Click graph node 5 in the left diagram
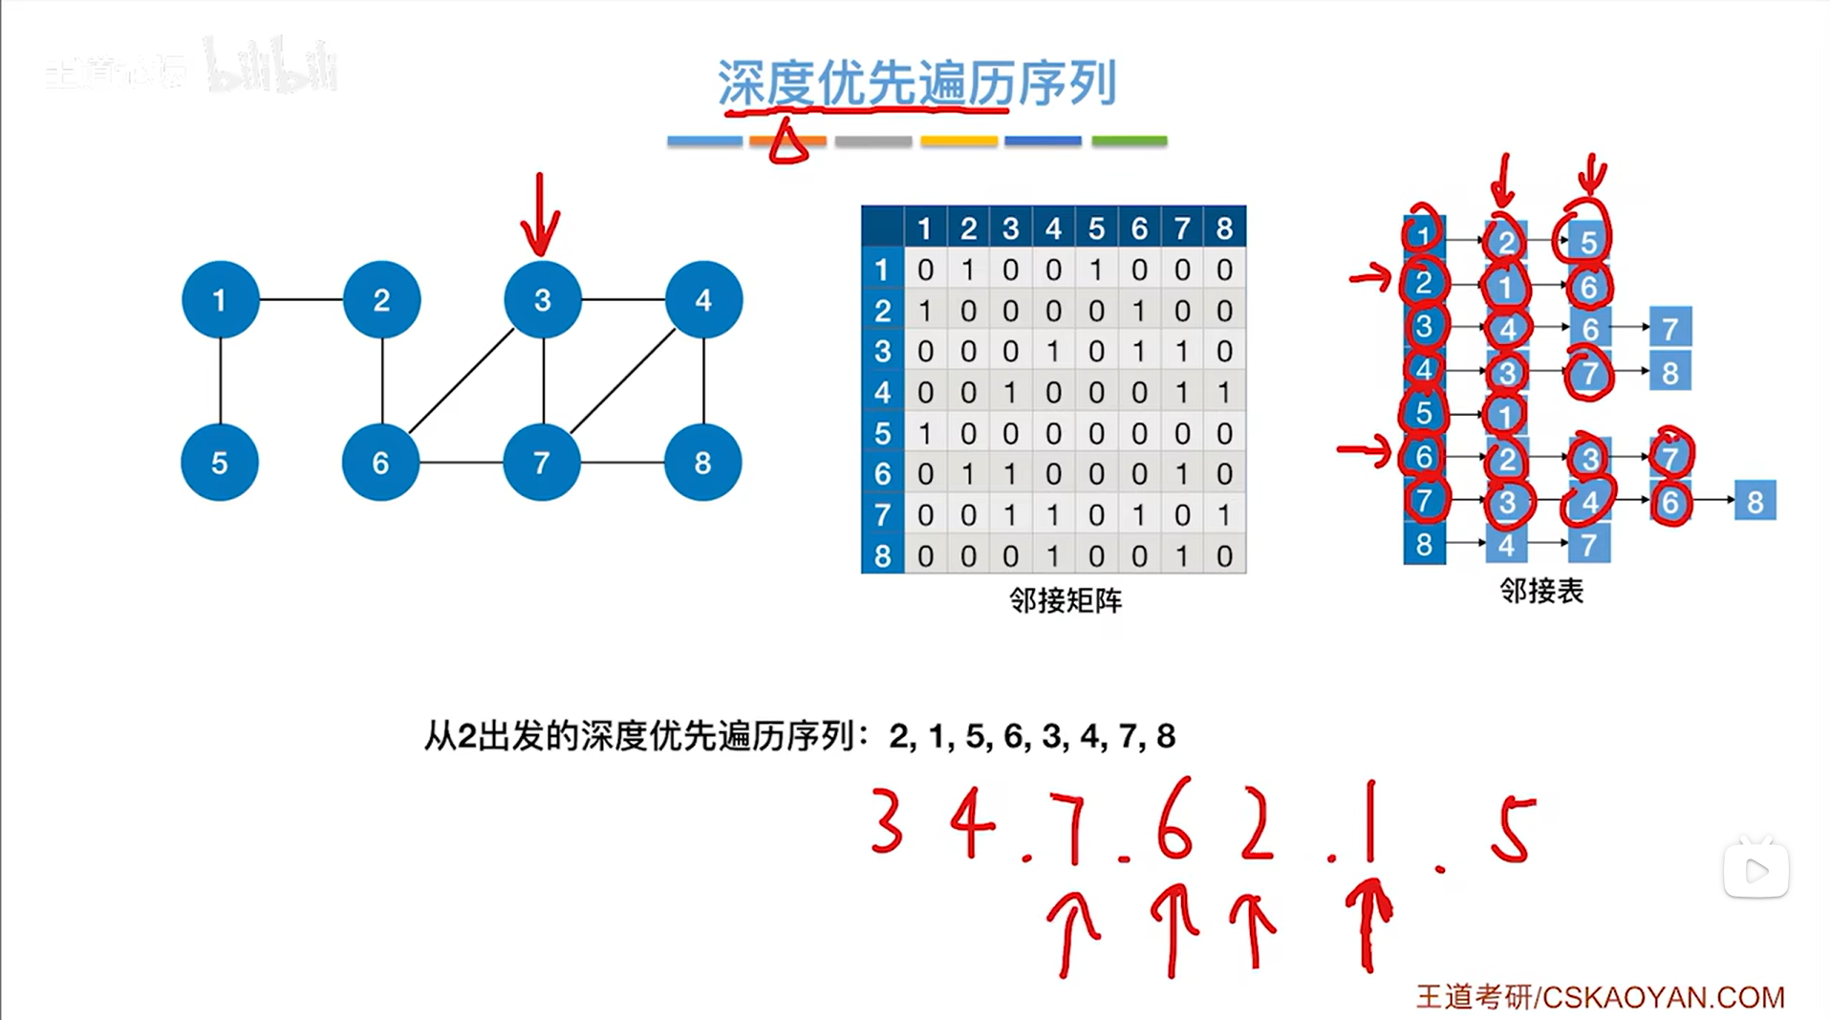(219, 463)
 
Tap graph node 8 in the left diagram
(702, 463)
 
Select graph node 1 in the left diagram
(220, 300)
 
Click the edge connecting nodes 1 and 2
(301, 299)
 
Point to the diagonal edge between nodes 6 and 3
(462, 381)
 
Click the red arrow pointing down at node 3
(540, 215)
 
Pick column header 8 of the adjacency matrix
(1224, 228)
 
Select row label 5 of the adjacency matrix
(882, 434)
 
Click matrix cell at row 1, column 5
(1096, 271)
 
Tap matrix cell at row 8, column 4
(1053, 556)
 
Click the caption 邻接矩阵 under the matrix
(1066, 600)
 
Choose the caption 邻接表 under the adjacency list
(1541, 591)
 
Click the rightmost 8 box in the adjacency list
(1755, 501)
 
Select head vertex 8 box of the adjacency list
(1424, 544)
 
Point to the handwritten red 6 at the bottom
(1173, 819)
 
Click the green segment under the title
(1129, 141)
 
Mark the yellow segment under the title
(958, 141)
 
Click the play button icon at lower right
(1755, 870)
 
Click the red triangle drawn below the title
(787, 143)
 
